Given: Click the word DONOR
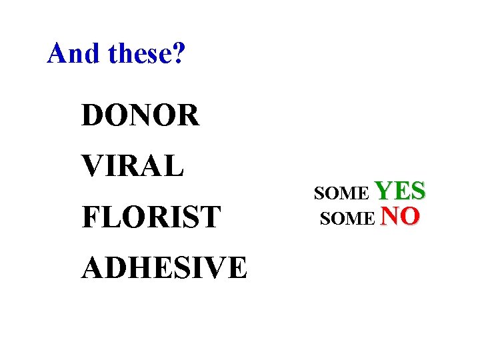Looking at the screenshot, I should (140, 116).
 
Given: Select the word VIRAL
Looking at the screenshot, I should (132, 166).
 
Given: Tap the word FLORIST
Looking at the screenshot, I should (151, 217).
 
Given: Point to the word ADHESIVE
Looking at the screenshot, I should (164, 267).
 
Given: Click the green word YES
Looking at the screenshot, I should (401, 191).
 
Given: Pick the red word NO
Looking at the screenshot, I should (399, 216).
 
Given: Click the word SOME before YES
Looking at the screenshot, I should (341, 194).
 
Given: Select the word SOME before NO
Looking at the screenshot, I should (347, 219).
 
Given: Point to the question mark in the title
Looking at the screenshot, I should (180, 53).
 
